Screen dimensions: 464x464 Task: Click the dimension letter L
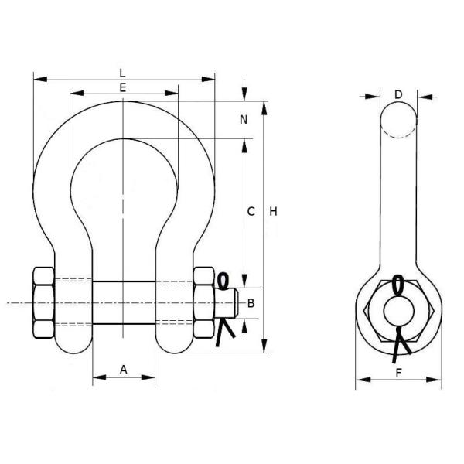click(x=124, y=72)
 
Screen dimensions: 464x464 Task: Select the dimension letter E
click(x=124, y=87)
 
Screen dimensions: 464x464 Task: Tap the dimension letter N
click(x=244, y=120)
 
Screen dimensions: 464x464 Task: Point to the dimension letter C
click(x=251, y=211)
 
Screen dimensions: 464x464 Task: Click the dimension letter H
click(x=273, y=211)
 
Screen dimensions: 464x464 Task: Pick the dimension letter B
click(x=250, y=303)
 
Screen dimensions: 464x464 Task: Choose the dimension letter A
click(x=124, y=370)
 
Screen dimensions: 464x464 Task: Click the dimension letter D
click(x=398, y=94)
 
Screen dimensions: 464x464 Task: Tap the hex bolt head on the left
click(x=43, y=303)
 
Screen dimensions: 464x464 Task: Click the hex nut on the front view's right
click(x=203, y=303)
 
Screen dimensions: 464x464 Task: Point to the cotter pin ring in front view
click(x=225, y=279)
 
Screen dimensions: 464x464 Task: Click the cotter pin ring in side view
click(x=398, y=284)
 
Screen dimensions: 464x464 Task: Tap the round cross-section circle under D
click(x=398, y=120)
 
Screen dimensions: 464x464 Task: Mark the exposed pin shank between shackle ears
click(x=124, y=303)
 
